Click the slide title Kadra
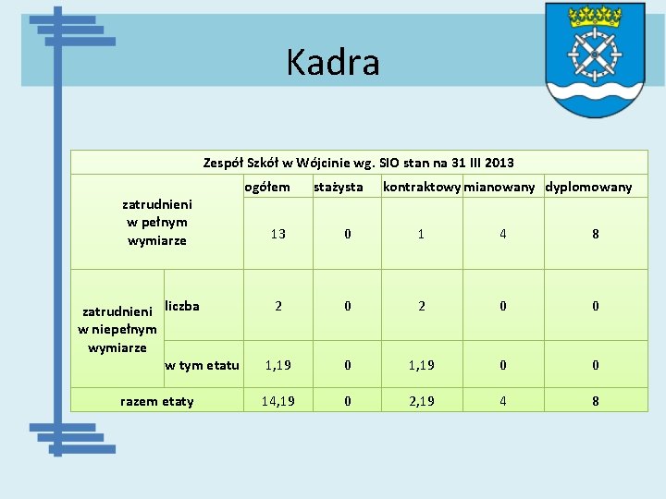333,63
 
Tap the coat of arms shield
595,60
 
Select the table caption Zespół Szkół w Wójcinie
359,163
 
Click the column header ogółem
266,188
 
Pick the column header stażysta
339,188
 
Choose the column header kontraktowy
422,188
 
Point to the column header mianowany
499,188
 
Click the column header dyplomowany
589,188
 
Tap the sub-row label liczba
182,306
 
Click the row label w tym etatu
202,365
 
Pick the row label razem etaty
157,401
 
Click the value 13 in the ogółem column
278,234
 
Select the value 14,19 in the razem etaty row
278,401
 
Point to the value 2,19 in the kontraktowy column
422,401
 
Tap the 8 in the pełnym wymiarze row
596,234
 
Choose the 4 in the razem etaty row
503,401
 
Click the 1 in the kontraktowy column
422,234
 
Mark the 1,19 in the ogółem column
278,365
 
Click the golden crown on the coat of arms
595,17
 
